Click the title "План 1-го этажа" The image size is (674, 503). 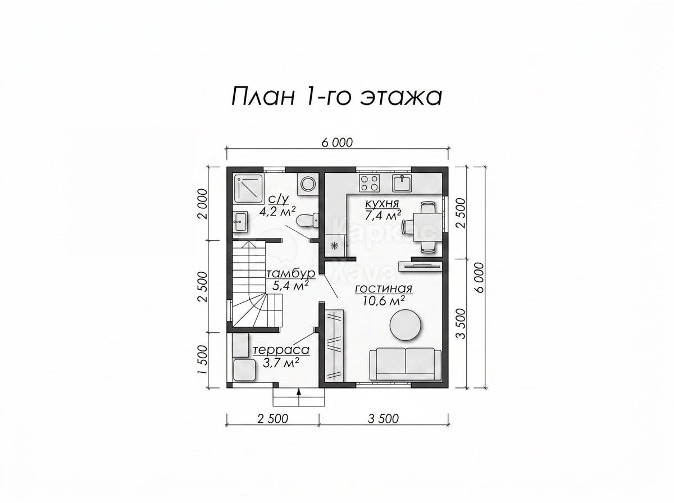336,97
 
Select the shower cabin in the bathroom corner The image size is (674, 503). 248,189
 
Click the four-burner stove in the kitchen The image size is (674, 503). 370,182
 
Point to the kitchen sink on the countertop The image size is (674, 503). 402,183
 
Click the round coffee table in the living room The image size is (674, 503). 406,325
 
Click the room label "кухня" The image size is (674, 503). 382,203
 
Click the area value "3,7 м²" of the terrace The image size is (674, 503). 281,363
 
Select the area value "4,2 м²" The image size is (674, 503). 277,211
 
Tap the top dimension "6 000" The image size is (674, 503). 337,143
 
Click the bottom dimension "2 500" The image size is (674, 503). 272,419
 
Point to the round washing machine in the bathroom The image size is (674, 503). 307,184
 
